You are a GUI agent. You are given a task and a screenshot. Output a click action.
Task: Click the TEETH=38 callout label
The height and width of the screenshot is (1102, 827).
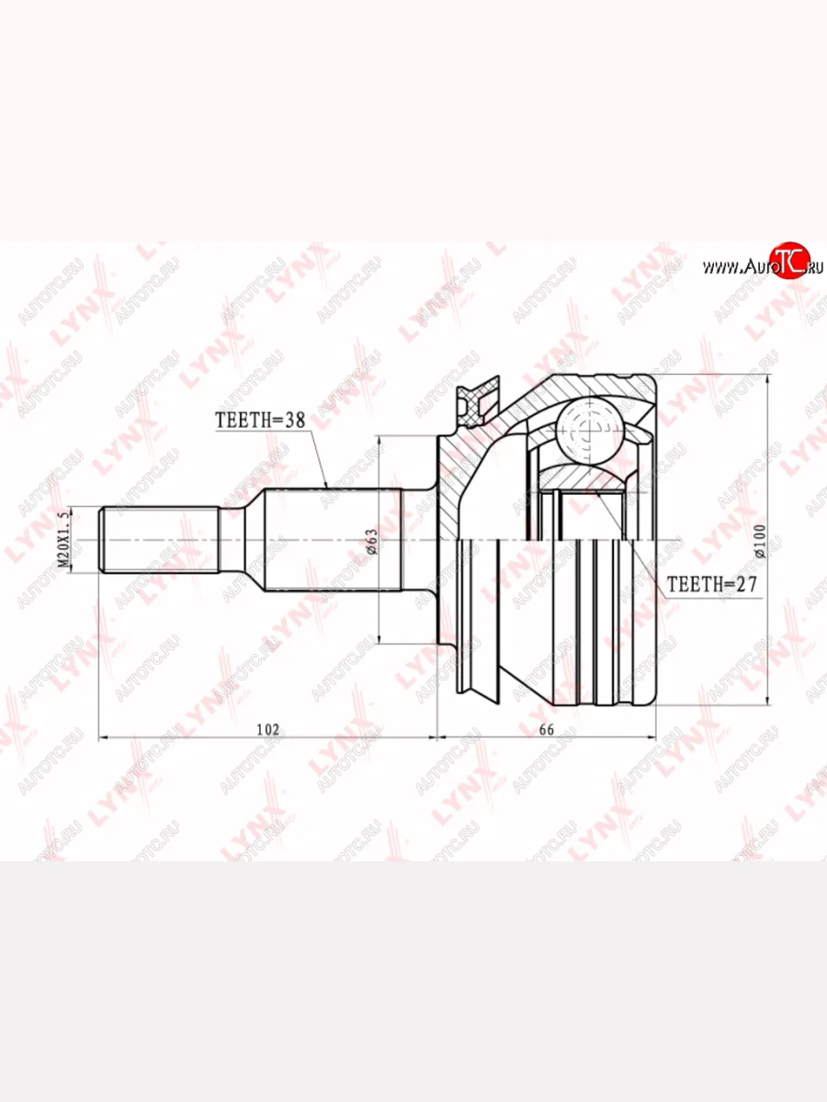tap(260, 421)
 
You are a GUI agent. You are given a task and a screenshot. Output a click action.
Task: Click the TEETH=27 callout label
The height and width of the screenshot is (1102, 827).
tap(711, 584)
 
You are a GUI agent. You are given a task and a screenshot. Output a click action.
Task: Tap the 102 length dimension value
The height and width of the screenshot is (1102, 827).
tap(267, 729)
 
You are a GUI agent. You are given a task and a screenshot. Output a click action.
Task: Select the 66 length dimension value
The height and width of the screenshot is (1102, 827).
tap(547, 729)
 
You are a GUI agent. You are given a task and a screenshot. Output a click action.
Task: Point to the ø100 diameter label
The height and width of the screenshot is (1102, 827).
tap(760, 541)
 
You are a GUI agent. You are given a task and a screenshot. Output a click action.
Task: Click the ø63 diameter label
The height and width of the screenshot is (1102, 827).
tap(371, 541)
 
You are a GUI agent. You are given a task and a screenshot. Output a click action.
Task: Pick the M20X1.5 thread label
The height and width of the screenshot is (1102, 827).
tap(62, 540)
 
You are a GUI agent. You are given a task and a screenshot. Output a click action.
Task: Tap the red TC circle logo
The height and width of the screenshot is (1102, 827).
tap(790, 261)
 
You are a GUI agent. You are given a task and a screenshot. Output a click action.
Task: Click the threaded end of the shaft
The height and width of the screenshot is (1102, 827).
tap(159, 540)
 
